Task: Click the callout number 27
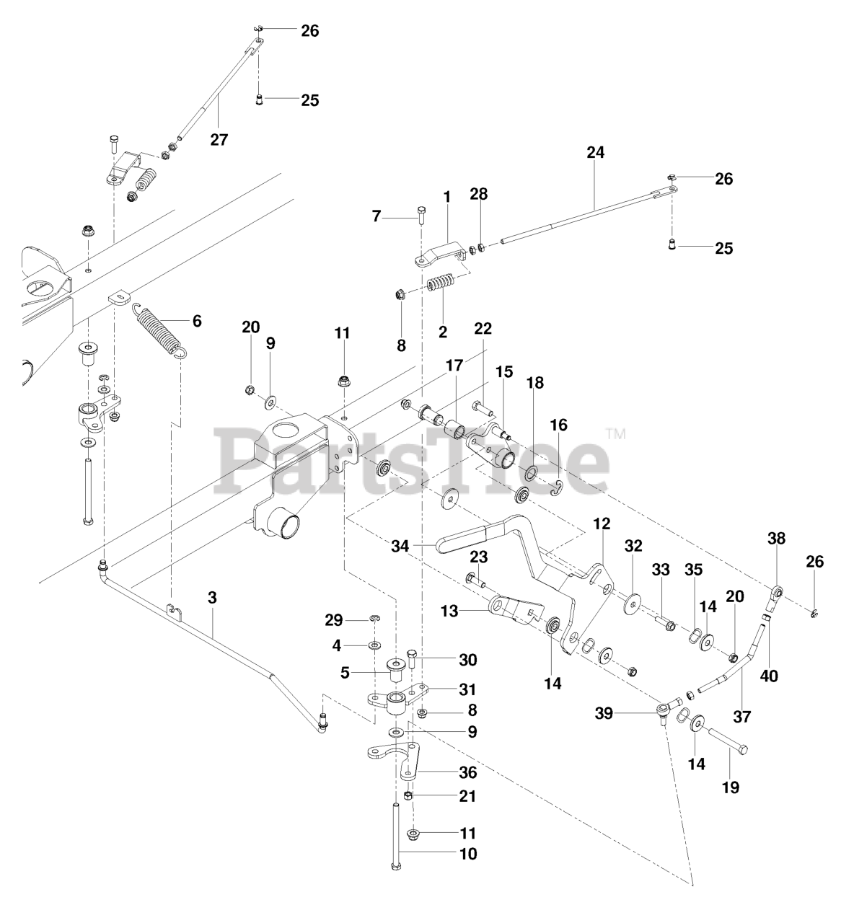(219, 139)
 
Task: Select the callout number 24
(595, 152)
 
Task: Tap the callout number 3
(211, 598)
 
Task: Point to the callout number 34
(400, 547)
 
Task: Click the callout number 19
(730, 787)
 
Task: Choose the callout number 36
(468, 772)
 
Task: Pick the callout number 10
(468, 854)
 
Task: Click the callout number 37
(741, 717)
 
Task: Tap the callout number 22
(483, 328)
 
